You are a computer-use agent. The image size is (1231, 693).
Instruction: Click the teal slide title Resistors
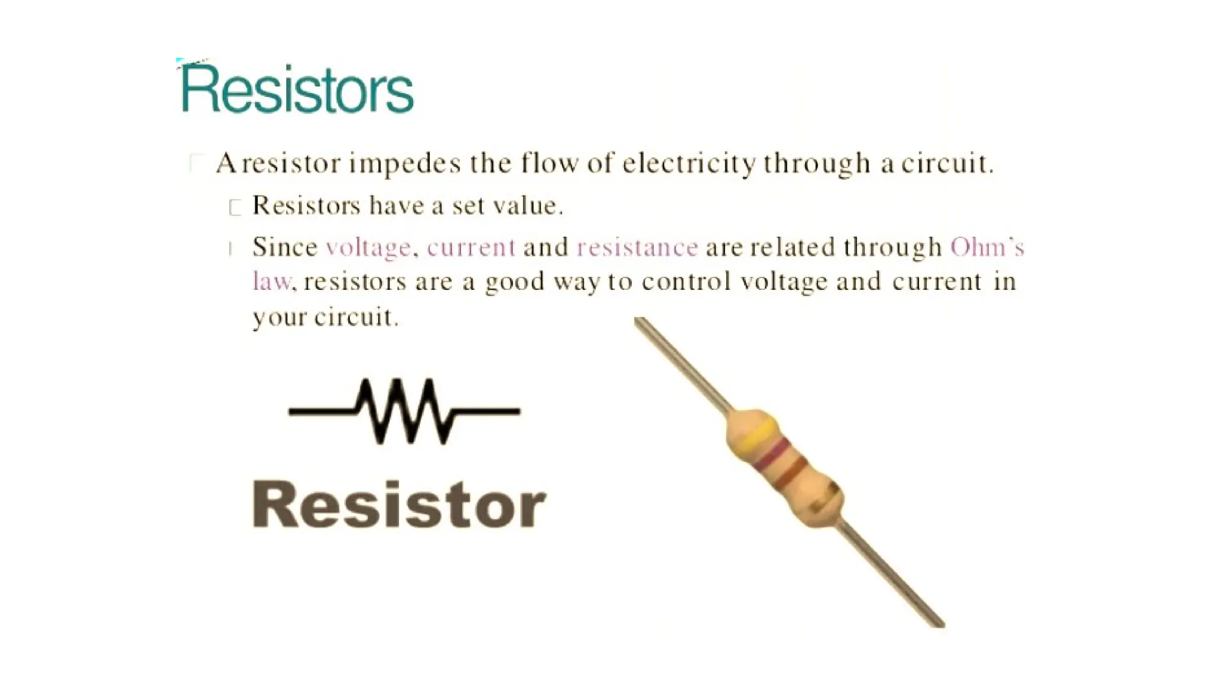tap(297, 89)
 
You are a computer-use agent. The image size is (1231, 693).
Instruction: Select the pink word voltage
tap(368, 248)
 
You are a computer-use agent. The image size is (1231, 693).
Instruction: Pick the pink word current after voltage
tap(471, 248)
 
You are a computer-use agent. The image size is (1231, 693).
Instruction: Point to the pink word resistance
tap(637, 248)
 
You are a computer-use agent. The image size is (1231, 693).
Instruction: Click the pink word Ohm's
tap(986, 248)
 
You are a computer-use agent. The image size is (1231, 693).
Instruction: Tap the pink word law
tap(272, 282)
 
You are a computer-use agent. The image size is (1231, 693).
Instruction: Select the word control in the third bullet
tap(686, 282)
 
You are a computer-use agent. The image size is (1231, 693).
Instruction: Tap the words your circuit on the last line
tap(325, 317)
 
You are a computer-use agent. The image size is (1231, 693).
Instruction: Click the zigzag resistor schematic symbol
tap(404, 411)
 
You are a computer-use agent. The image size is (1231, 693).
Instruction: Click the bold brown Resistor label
tap(399, 505)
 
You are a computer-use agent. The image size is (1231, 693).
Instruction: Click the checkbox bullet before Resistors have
tap(235, 208)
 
